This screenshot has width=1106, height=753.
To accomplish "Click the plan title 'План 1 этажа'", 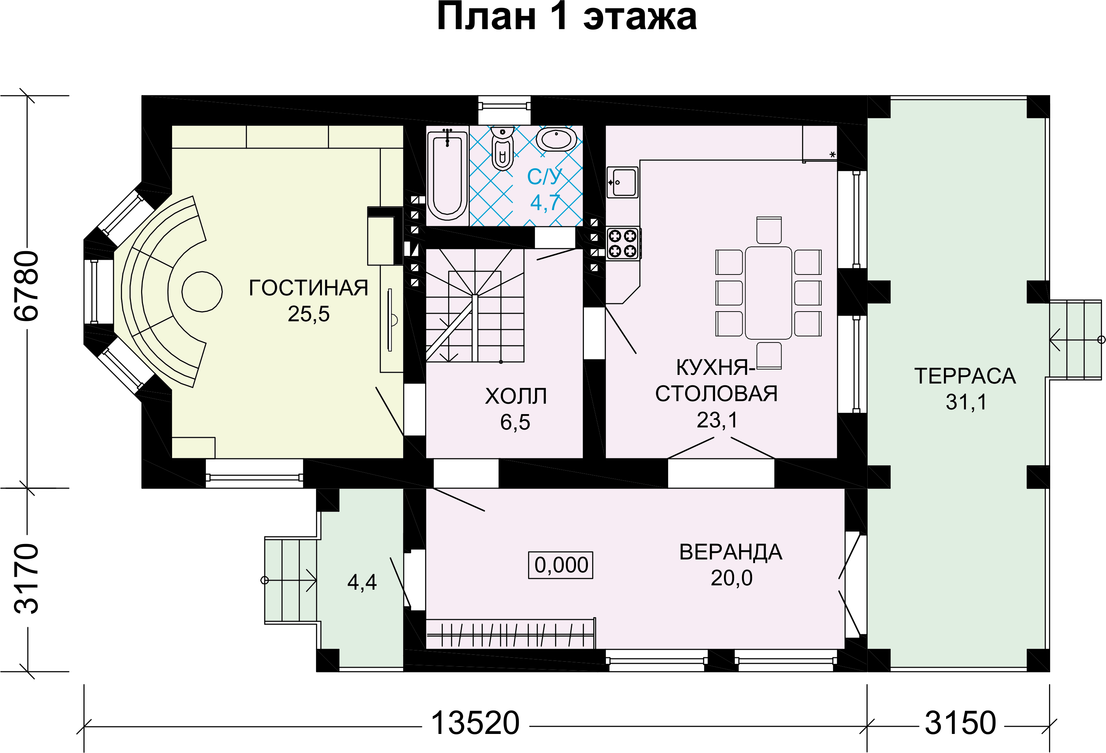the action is pyautogui.click(x=566, y=17).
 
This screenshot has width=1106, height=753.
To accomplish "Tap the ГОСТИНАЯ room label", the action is pyautogui.click(x=309, y=288).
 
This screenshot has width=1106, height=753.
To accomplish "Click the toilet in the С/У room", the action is pyautogui.click(x=502, y=148).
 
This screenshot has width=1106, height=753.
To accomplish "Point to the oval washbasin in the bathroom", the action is pyautogui.click(x=556, y=139).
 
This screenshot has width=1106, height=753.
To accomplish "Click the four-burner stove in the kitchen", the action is pyautogui.click(x=623, y=243).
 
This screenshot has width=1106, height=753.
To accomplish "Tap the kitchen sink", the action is pyautogui.click(x=622, y=182).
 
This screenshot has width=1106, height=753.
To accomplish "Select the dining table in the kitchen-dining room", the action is pyautogui.click(x=768, y=292).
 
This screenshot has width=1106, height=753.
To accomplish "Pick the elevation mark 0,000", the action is pyautogui.click(x=561, y=565).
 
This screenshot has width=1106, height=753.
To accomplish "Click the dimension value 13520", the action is pyautogui.click(x=475, y=723).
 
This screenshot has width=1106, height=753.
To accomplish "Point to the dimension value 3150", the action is pyautogui.click(x=960, y=723).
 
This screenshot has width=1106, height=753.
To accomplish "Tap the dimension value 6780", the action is pyautogui.click(x=27, y=286).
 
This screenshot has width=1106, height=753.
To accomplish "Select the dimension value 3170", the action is pyautogui.click(x=27, y=579).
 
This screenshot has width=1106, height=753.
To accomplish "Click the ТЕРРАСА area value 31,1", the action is pyautogui.click(x=966, y=402).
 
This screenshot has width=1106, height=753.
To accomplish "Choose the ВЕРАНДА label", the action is pyautogui.click(x=730, y=552).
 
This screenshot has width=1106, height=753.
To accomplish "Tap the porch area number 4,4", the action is pyautogui.click(x=362, y=582).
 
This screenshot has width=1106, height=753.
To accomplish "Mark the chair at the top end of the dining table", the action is pyautogui.click(x=769, y=230).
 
